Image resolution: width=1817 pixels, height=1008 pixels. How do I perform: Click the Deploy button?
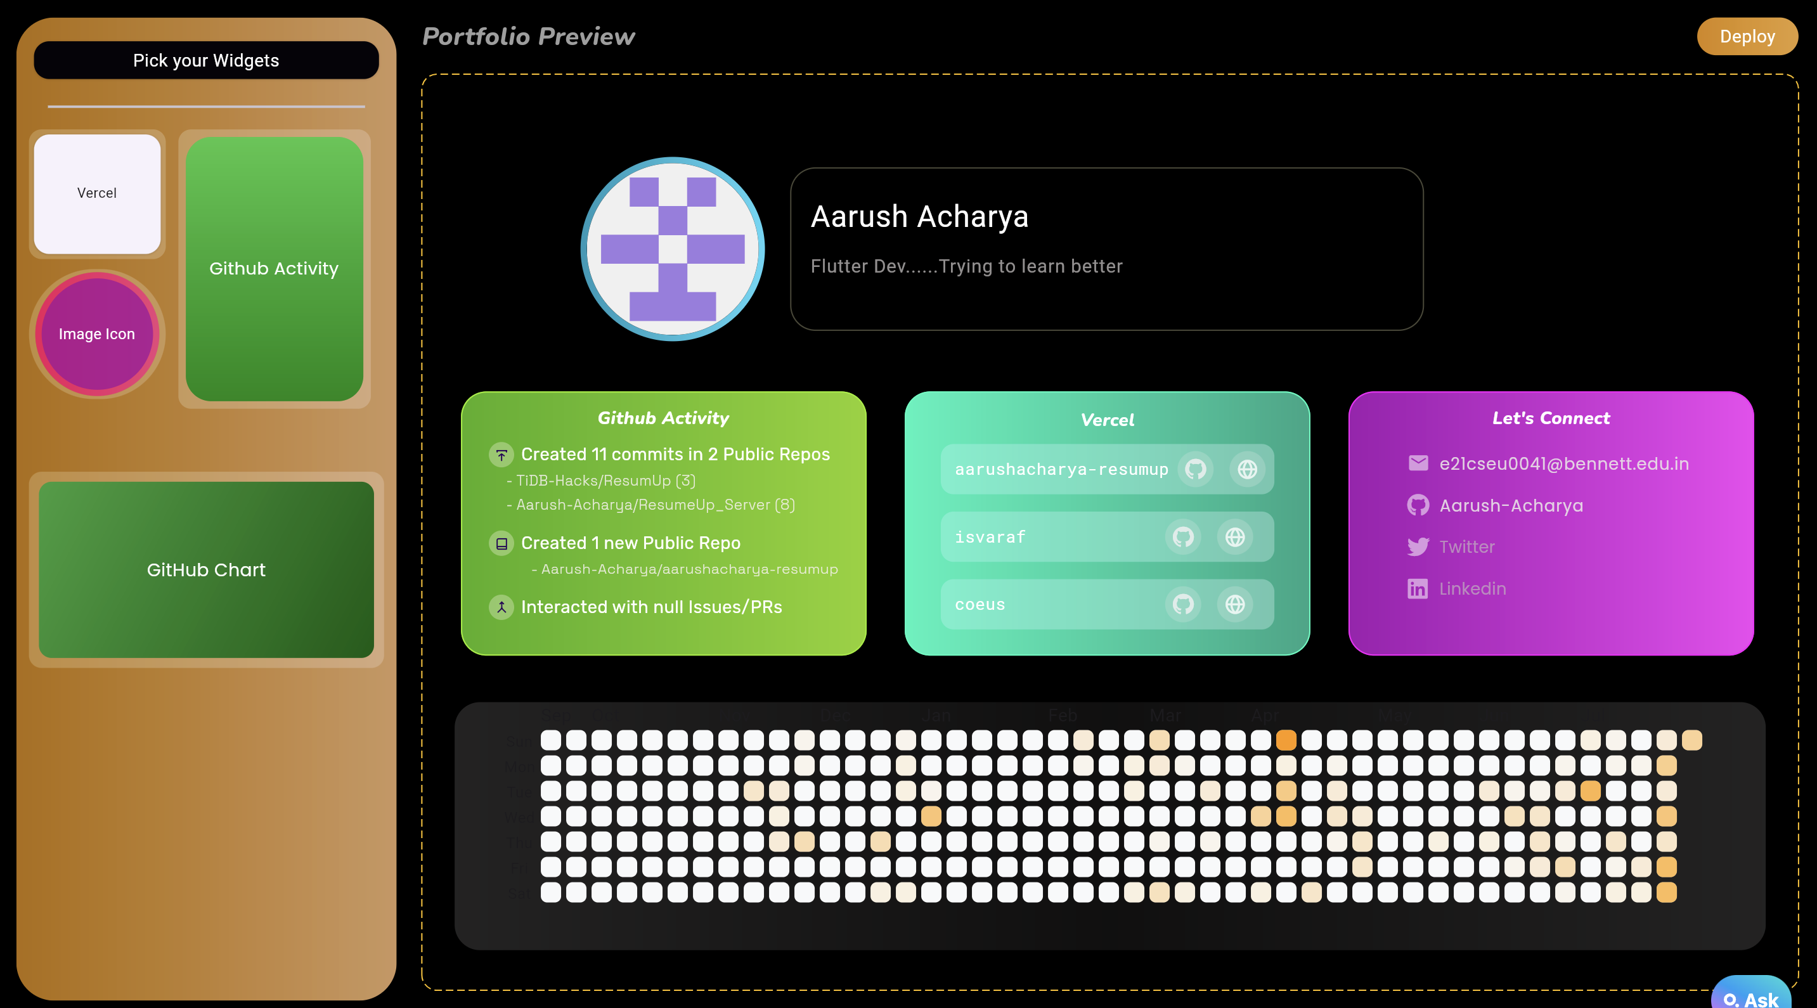pos(1747,36)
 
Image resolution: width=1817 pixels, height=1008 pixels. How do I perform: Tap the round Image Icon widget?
pos(96,333)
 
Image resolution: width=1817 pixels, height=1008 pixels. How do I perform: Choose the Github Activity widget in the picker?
pos(274,268)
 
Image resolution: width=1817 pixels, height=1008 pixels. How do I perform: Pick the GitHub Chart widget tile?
pos(206,569)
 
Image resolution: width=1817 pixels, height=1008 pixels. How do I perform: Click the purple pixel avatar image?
pos(672,249)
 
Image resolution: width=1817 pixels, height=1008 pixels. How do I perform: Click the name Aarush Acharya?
pos(919,217)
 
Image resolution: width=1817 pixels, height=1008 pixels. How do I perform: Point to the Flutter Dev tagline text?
pos(966,266)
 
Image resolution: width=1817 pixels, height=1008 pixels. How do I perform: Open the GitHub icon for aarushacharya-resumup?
pos(1195,469)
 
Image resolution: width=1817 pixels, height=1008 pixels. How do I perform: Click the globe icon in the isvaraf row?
pos(1234,537)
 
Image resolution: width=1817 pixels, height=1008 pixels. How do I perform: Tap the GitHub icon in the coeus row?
pos(1183,605)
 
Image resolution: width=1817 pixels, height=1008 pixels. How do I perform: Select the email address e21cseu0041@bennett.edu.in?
pos(1564,463)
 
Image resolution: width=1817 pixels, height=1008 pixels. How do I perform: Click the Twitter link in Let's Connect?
pos(1466,546)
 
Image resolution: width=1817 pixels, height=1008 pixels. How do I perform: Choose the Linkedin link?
pos(1472,588)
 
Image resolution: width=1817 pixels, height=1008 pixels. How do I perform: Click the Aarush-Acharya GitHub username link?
pos(1511,505)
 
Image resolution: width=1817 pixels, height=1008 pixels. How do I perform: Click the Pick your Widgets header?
pos(206,60)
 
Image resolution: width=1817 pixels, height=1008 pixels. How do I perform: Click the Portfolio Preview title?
pos(528,36)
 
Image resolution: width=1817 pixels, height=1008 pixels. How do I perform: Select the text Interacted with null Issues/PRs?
pos(651,607)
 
